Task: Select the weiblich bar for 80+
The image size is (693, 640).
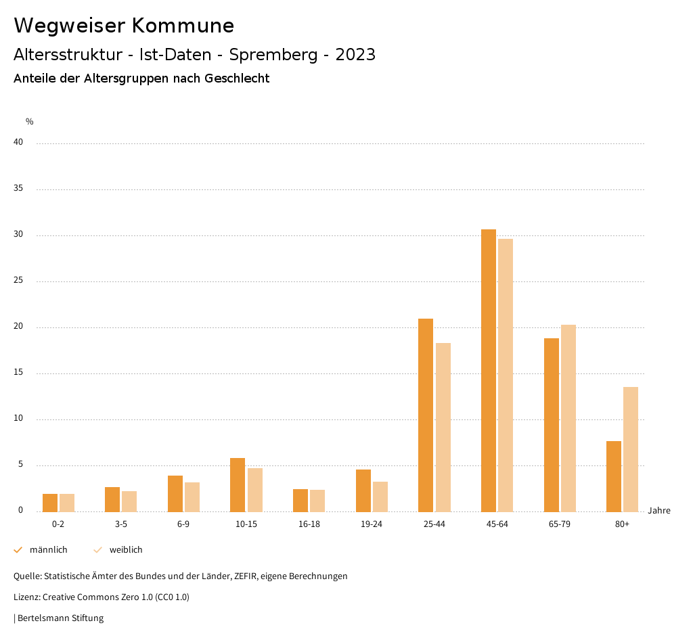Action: [x=631, y=449]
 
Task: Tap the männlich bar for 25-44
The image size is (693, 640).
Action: [x=426, y=415]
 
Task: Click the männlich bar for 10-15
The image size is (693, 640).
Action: [x=238, y=485]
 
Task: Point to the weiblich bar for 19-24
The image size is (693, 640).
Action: [x=380, y=497]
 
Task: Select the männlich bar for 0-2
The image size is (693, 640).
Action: [x=50, y=503]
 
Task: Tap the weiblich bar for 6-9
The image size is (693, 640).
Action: [x=192, y=497]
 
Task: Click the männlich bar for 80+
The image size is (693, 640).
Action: [x=614, y=476]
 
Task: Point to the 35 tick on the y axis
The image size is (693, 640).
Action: [x=18, y=189]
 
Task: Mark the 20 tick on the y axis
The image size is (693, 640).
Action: [x=18, y=327]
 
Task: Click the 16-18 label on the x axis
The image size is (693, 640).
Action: [x=309, y=524]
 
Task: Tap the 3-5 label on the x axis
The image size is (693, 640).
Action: [x=120, y=524]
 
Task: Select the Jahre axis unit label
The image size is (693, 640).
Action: [x=658, y=511]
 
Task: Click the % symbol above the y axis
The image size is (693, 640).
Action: [x=29, y=122]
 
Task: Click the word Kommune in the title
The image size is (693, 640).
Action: [x=183, y=25]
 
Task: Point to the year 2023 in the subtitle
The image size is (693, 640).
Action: [x=355, y=55]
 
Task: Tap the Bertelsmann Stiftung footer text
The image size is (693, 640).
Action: [x=60, y=618]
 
